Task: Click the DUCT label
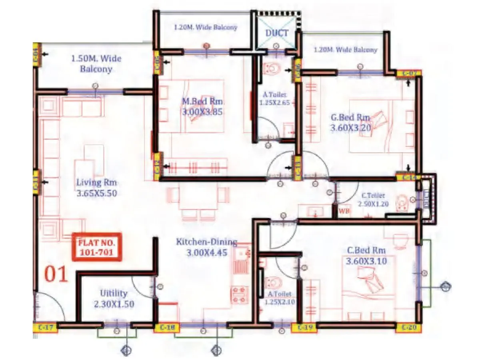point(277,33)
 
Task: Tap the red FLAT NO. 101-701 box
point(96,247)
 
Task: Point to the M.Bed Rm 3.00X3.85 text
point(202,106)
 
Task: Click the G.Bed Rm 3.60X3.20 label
point(350,123)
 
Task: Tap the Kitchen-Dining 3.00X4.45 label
point(206,248)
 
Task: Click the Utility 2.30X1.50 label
point(114,298)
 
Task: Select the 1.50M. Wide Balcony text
point(96,64)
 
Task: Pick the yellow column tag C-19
point(304,328)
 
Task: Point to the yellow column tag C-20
point(408,328)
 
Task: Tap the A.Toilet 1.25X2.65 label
point(274,98)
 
